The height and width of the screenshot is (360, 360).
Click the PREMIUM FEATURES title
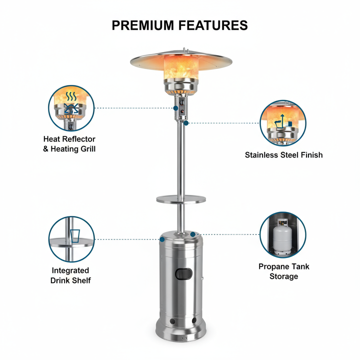pos(180,25)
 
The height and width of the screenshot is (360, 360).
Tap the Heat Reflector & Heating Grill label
pos(69,144)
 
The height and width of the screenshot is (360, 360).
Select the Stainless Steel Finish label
pos(284,155)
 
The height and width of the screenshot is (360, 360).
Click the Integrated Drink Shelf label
pos(70,275)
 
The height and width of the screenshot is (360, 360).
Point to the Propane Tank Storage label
pos(284,271)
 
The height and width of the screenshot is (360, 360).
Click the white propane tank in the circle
pos(282,237)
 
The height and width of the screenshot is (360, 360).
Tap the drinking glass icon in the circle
pos(75,235)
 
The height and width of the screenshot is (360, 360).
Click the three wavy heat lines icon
pos(71,96)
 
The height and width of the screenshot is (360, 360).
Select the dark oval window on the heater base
pos(183,274)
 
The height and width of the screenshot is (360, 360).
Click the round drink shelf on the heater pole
pos(181,199)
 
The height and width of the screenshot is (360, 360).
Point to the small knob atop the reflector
pos(184,49)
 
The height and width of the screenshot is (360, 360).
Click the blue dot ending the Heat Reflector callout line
pos(176,108)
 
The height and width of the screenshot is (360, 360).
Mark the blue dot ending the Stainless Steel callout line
pos(186,123)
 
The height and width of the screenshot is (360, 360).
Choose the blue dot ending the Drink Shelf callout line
pos(162,239)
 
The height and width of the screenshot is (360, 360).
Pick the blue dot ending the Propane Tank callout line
pos(193,234)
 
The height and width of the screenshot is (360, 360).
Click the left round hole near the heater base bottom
pos(172,321)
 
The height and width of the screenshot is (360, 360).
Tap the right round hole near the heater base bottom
pos(194,320)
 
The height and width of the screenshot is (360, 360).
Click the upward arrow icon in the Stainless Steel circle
pos(282,119)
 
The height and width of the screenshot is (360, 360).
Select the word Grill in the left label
pos(88,149)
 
